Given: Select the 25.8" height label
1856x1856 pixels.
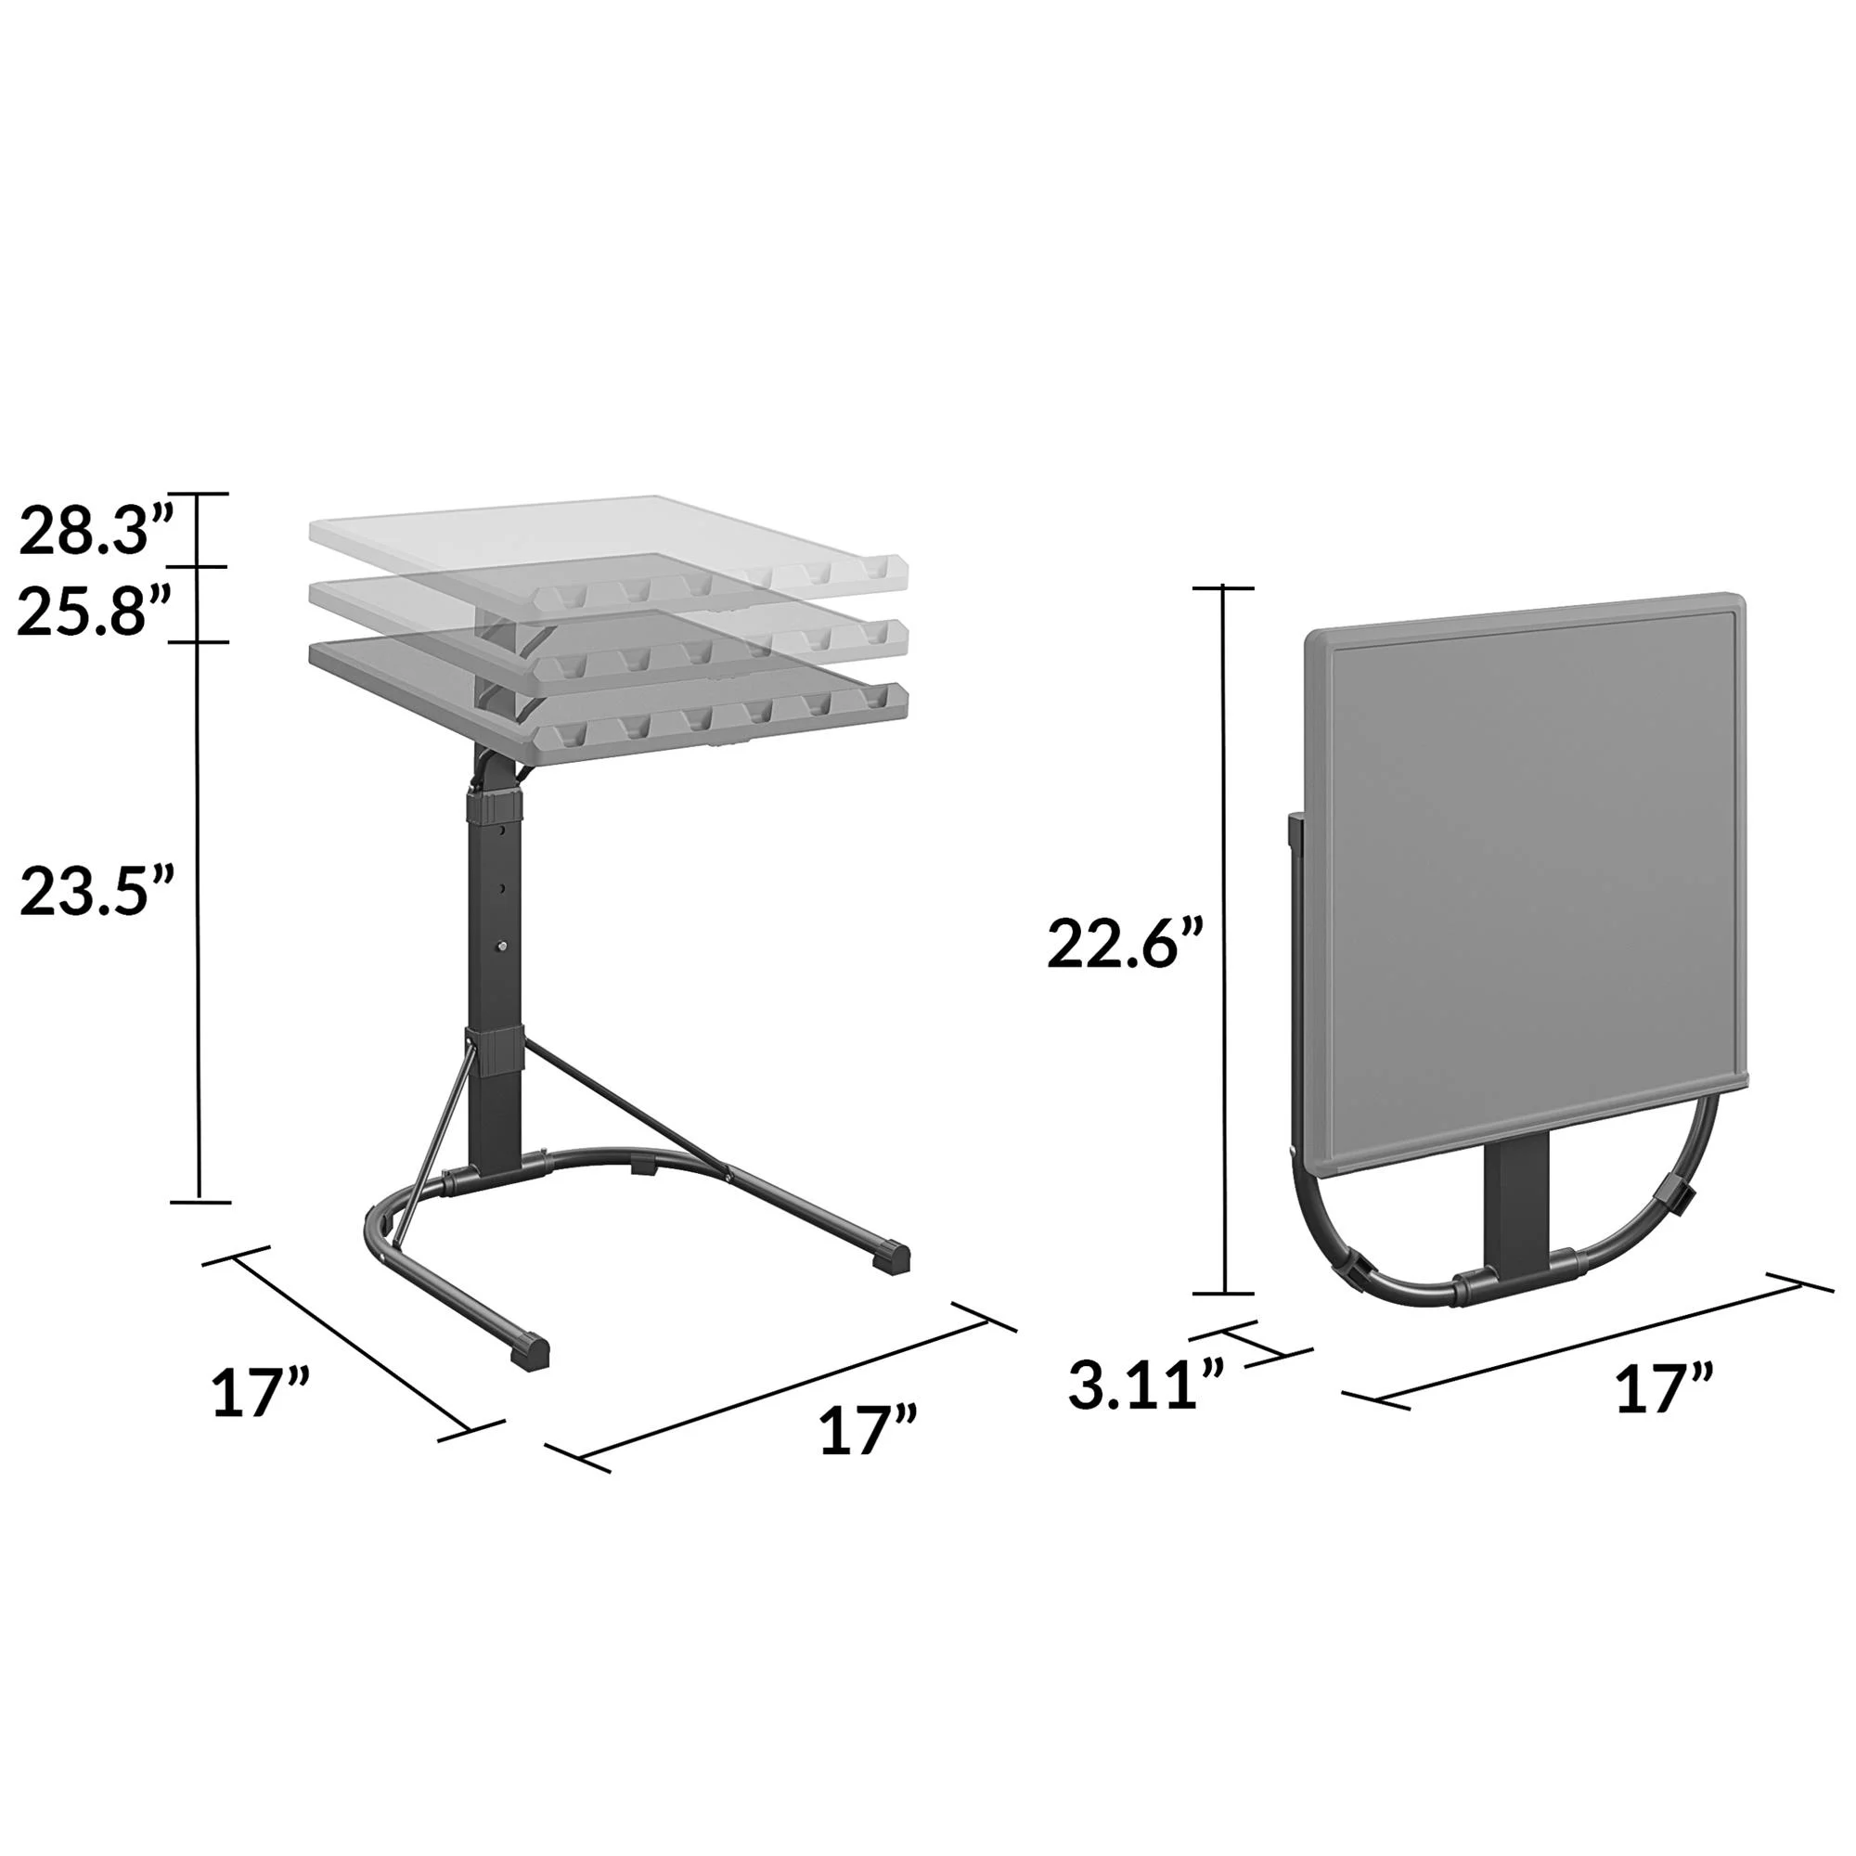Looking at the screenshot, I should pyautogui.click(x=94, y=612).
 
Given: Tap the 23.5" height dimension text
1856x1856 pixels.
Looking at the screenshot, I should pyautogui.click(x=97, y=893).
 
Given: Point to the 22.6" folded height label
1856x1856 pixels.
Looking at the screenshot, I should pyautogui.click(x=1125, y=945).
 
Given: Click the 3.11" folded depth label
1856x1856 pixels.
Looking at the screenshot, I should pyautogui.click(x=1146, y=1385).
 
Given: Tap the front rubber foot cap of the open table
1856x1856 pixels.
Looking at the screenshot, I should pyautogui.click(x=530, y=1350).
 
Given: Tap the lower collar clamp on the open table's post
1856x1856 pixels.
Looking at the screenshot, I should pyautogui.click(x=496, y=1050).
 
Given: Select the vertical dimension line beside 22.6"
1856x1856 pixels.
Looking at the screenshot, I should pyautogui.click(x=1223, y=941).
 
